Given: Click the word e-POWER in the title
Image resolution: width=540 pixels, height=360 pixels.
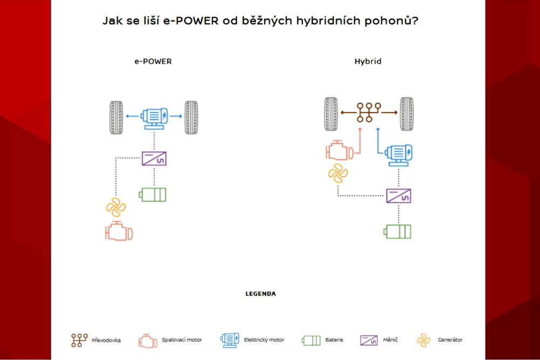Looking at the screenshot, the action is [191, 20].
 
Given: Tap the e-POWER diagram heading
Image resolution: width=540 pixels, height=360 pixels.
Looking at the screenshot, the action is [153, 61].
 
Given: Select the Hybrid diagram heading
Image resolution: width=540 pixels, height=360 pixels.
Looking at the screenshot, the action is [368, 61].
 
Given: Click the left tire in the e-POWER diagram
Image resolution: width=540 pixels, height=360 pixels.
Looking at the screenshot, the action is [116, 117].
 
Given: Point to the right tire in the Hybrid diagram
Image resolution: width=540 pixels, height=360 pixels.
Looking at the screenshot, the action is [407, 114].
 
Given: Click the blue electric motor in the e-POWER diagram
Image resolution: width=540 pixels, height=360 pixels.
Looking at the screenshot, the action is [154, 119].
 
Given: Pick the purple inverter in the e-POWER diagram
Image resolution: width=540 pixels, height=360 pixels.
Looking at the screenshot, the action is [154, 159].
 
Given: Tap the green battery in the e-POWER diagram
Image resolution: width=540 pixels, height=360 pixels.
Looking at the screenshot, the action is [153, 195].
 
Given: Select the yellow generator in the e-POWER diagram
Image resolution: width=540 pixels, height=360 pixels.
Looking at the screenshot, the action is [116, 207].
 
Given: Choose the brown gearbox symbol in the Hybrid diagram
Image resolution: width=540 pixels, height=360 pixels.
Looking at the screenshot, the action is [369, 112].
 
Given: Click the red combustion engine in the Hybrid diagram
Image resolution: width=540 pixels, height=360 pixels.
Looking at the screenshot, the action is [340, 150].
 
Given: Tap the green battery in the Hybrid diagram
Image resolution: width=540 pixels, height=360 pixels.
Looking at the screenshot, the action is [397, 232].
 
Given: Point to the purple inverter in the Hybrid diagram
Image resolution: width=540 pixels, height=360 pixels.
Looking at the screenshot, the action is [398, 196].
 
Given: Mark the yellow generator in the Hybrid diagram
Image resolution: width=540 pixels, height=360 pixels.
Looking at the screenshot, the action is [338, 173].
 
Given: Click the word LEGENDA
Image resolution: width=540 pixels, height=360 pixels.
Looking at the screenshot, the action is [261, 294].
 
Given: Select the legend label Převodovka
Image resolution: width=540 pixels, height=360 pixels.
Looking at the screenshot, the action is [106, 341].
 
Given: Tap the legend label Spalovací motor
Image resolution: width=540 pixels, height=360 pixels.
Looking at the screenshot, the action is [182, 340].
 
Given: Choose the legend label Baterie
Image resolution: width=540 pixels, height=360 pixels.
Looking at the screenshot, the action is [334, 340].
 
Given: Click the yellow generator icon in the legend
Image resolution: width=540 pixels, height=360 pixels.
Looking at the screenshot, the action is [424, 341].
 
